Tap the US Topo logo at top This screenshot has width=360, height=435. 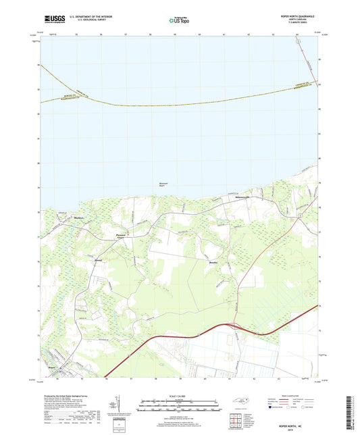pyautogui.click(x=180, y=21)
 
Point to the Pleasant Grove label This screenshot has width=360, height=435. pyautogui.click(x=117, y=237)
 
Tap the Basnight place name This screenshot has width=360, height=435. pyautogui.click(x=99, y=259)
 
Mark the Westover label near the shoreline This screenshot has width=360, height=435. pyautogui.click(x=242, y=197)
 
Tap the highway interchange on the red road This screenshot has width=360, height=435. pyautogui.click(x=235, y=326)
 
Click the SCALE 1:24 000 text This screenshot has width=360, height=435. pyautogui.click(x=180, y=398)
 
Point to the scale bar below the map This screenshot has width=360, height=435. pyautogui.click(x=180, y=407)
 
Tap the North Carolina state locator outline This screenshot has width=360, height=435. pyautogui.click(x=240, y=403)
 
